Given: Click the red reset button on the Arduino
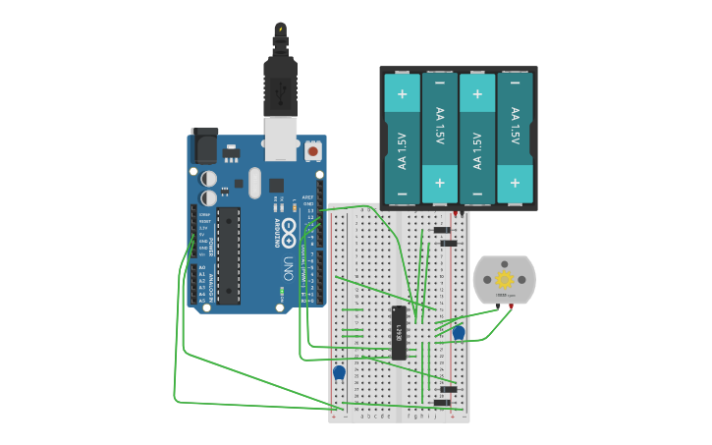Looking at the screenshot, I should click(x=312, y=150).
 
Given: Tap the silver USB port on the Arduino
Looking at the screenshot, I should click(x=281, y=137).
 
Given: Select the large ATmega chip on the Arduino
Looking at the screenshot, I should click(x=229, y=255).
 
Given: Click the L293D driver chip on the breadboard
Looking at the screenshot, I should click(x=399, y=332).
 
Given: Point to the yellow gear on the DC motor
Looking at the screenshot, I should click(x=504, y=280).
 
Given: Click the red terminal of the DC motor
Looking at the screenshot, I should click(x=512, y=306).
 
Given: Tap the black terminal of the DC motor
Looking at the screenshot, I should click(x=497, y=306).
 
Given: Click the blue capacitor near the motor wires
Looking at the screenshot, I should click(x=459, y=333).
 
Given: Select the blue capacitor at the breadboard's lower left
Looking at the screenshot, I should click(x=339, y=372).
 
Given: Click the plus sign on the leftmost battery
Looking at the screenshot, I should click(x=402, y=95).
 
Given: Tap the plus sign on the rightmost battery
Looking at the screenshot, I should click(x=515, y=184).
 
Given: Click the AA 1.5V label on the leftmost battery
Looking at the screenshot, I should click(x=402, y=152).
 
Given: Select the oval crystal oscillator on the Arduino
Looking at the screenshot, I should click(x=255, y=182).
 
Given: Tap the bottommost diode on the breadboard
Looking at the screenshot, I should click(x=443, y=403).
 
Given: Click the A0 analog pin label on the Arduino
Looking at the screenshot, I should click(x=202, y=267).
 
